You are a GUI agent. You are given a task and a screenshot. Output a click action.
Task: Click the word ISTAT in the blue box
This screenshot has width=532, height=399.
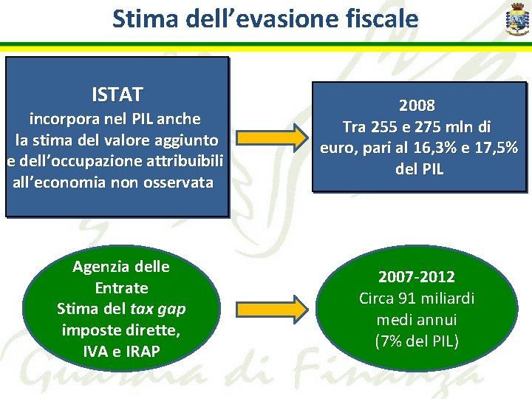(x=117, y=95)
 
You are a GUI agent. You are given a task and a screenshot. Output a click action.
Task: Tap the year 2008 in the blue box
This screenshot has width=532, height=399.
(x=417, y=105)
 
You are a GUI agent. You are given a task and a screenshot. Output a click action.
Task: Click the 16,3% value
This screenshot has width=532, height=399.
(x=415, y=148)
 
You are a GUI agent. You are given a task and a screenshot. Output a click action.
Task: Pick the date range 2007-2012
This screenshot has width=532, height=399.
(x=417, y=278)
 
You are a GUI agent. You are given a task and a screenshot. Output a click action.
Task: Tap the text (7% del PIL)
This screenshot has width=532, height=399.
(x=417, y=342)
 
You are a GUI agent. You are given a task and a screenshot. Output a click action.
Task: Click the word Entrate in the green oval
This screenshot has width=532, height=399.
(x=121, y=287)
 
